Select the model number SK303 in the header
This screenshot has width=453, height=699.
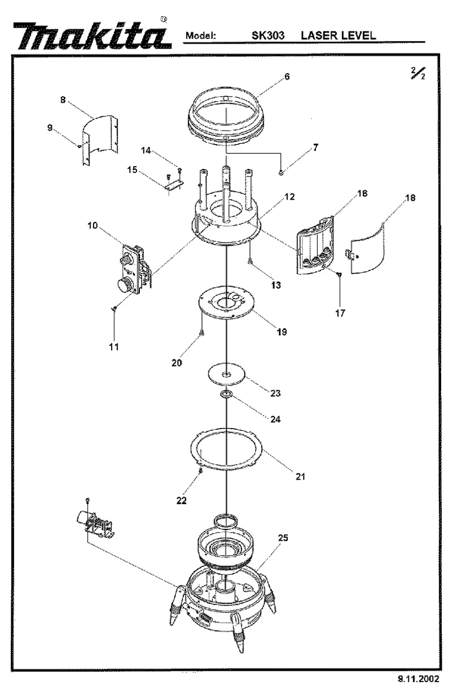click(x=268, y=36)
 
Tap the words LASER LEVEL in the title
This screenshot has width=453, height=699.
click(x=339, y=35)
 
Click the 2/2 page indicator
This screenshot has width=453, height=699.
click(x=418, y=74)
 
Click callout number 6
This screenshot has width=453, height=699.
click(x=287, y=76)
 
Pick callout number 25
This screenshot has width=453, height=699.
click(x=283, y=538)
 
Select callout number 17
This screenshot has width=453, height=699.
click(x=340, y=313)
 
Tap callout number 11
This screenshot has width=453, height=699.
click(x=114, y=347)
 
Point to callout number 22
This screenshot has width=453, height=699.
click(x=182, y=500)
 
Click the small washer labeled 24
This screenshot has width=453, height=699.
click(x=226, y=394)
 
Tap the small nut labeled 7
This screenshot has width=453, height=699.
click(x=281, y=172)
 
